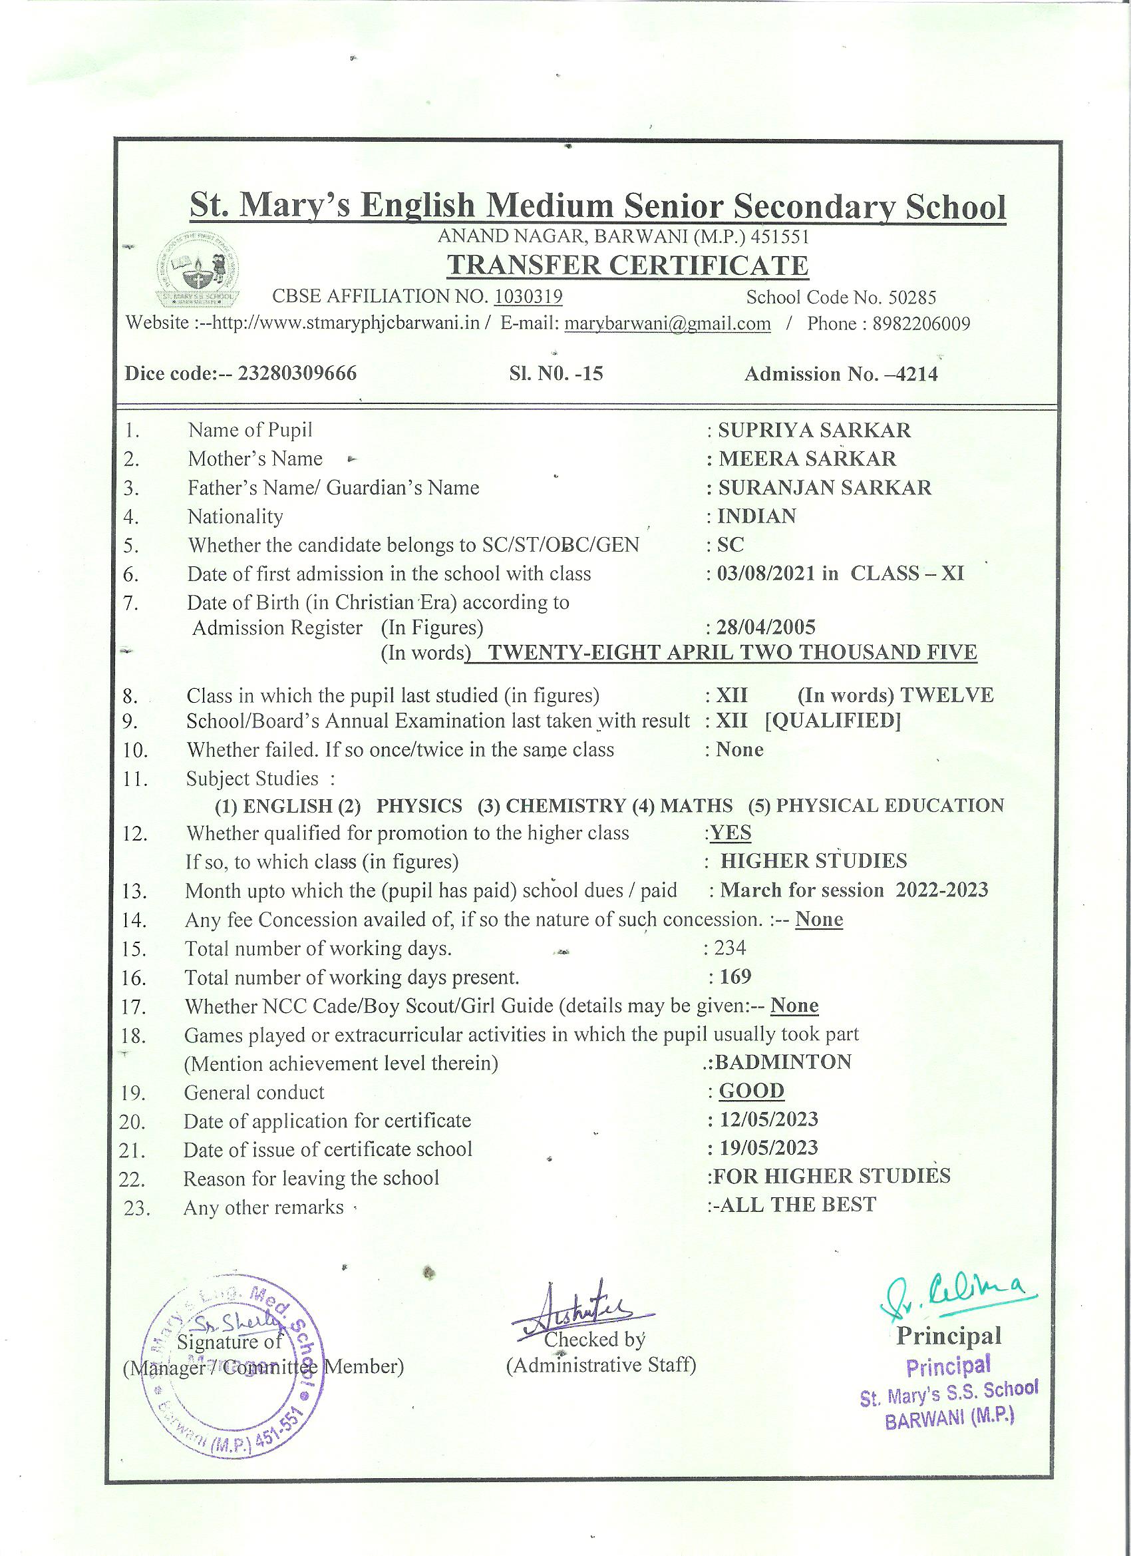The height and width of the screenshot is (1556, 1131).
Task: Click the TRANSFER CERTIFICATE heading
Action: pyautogui.click(x=627, y=266)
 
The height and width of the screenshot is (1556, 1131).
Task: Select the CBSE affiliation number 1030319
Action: pyautogui.click(x=528, y=296)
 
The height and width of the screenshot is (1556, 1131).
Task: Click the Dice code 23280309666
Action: pyautogui.click(x=296, y=373)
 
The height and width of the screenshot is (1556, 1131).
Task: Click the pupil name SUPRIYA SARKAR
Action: pyautogui.click(x=814, y=430)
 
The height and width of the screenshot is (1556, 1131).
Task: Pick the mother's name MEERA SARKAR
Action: pyautogui.click(x=806, y=459)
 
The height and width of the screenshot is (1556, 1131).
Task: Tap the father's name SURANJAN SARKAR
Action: pyautogui.click(x=824, y=488)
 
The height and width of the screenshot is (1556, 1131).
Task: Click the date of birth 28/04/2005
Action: pyautogui.click(x=766, y=627)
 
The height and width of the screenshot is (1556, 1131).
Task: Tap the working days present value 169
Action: pyautogui.click(x=735, y=976)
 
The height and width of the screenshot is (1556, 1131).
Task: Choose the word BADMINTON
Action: pyautogui.click(x=782, y=1062)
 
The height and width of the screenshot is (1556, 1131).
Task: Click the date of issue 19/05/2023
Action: pyautogui.click(x=768, y=1148)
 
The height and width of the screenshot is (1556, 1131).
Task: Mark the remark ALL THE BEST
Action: pyautogui.click(x=796, y=1205)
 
